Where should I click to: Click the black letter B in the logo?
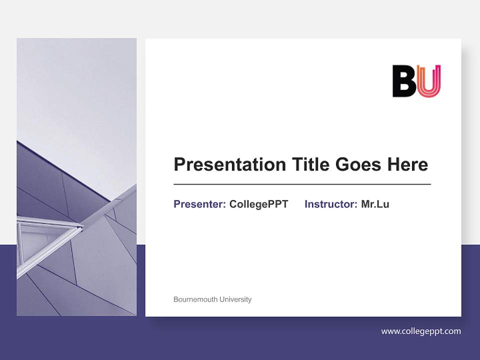(404, 81)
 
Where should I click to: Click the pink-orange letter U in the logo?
(429, 81)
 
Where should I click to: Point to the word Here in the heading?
(407, 164)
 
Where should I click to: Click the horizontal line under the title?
(302, 184)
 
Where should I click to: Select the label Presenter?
(199, 204)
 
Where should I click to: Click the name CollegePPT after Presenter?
(258, 204)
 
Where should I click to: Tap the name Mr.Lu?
(375, 204)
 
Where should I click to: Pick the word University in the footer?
(234, 299)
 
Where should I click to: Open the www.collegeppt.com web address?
(421, 331)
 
